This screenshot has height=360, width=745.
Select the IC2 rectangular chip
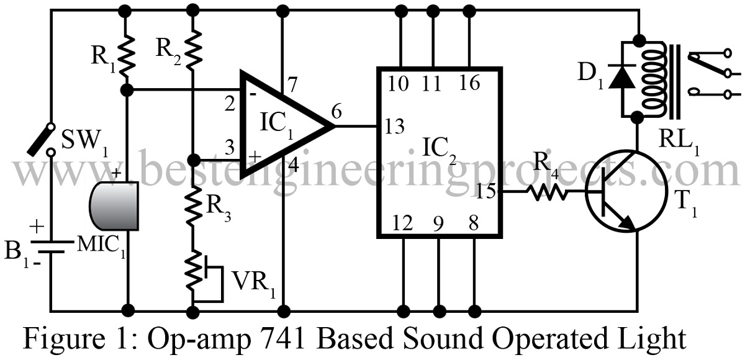pyautogui.click(x=439, y=152)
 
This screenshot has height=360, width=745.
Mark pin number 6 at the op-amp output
pyautogui.click(x=336, y=112)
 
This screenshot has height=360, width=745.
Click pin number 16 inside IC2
pyautogui.click(x=470, y=82)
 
